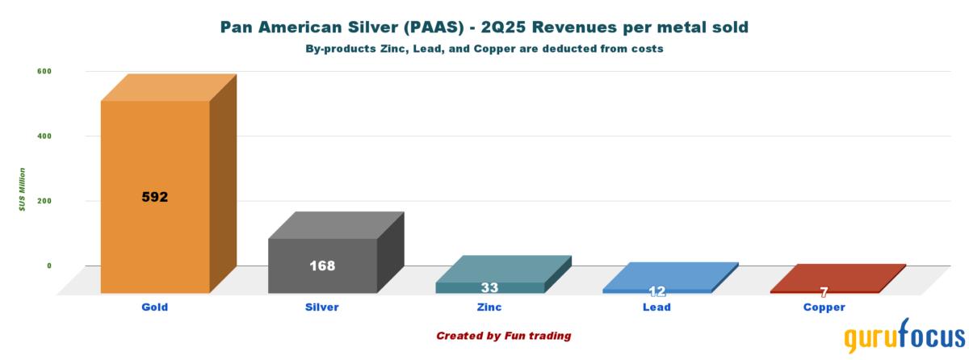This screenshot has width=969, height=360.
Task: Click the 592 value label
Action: click(x=154, y=196)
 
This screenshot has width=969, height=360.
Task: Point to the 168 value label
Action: click(x=322, y=266)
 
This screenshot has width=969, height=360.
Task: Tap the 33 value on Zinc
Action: click(x=489, y=287)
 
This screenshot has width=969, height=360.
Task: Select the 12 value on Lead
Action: click(x=656, y=291)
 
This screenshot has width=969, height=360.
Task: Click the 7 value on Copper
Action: click(x=824, y=292)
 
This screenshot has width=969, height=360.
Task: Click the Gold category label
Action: click(x=154, y=308)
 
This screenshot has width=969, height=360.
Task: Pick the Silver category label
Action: click(x=322, y=308)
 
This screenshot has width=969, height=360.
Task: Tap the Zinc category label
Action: click(x=489, y=308)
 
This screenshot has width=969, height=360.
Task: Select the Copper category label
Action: click(x=824, y=308)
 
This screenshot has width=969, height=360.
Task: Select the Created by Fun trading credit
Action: click(x=505, y=335)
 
